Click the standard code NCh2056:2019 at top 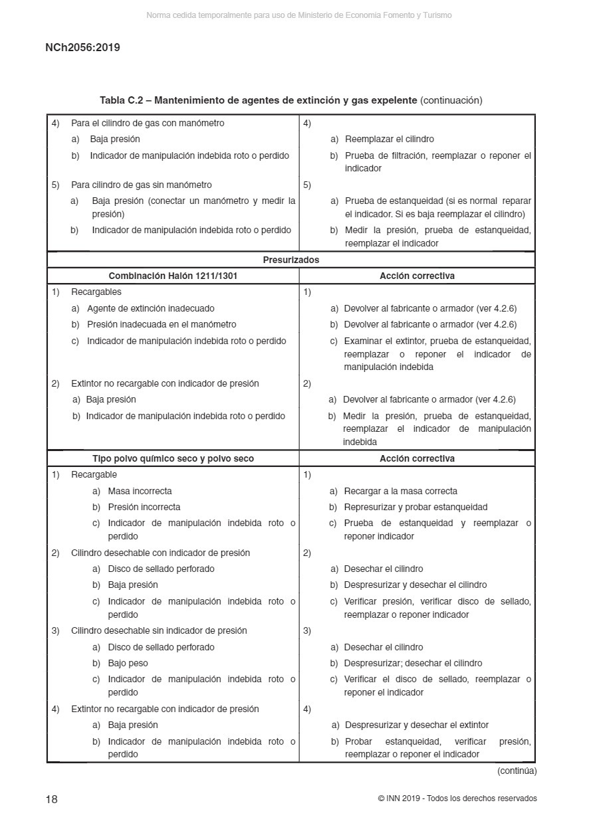[x=82, y=48]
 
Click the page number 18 [x=51, y=799]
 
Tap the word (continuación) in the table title [x=451, y=100]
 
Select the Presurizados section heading [x=291, y=260]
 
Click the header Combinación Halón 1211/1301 [x=173, y=276]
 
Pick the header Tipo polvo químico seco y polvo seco [x=173, y=458]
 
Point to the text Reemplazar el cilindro [x=389, y=139]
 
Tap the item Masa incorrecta [x=140, y=491]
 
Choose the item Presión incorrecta [x=144, y=507]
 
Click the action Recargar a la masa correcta [x=400, y=491]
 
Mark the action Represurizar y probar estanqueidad [x=415, y=507]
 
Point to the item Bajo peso [x=128, y=663]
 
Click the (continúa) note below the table [x=517, y=771]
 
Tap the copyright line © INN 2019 [x=457, y=798]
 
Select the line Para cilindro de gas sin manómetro [x=141, y=185]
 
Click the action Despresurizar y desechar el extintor [x=416, y=725]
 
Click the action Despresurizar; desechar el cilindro [x=413, y=663]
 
